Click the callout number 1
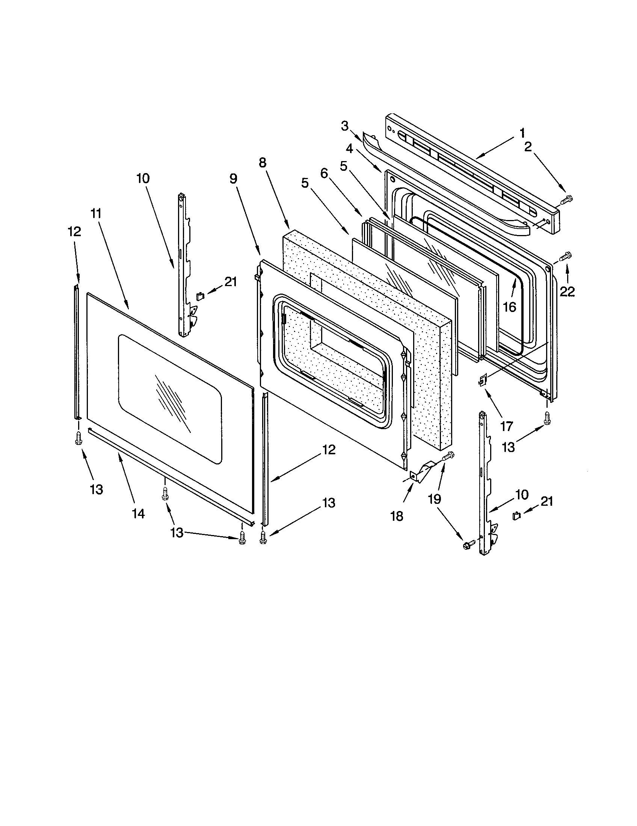(x=522, y=133)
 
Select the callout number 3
(x=344, y=126)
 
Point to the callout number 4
(x=350, y=149)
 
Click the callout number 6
(x=324, y=173)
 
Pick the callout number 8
(x=263, y=163)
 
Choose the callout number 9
(x=233, y=178)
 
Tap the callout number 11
(x=96, y=214)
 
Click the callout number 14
(x=139, y=513)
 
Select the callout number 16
(x=510, y=307)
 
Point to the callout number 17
(x=507, y=427)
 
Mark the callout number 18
(x=397, y=516)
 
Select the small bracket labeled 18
(x=421, y=472)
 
